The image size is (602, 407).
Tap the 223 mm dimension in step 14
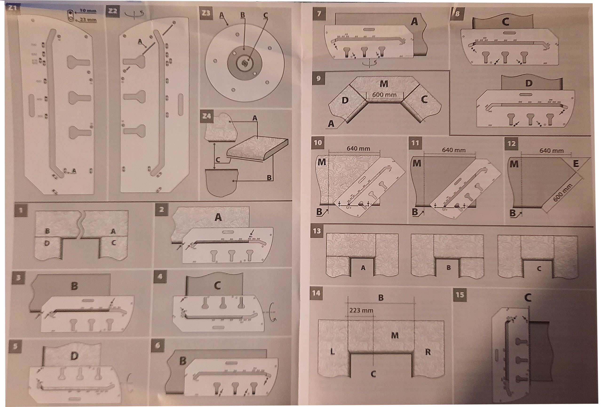[361, 310]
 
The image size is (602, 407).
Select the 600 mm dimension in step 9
[384, 95]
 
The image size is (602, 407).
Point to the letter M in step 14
[395, 335]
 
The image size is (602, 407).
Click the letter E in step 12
[576, 164]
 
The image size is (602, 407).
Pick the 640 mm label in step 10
[358, 149]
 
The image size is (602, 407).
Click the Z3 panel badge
[206, 13]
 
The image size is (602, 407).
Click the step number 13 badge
[317, 231]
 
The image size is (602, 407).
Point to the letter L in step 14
[332, 352]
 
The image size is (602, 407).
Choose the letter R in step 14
[428, 352]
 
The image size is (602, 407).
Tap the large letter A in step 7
[414, 22]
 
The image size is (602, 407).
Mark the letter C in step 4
[217, 286]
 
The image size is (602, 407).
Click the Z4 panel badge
[207, 116]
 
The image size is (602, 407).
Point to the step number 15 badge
[460, 295]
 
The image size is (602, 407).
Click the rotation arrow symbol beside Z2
[134, 14]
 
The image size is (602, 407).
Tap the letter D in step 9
[345, 100]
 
